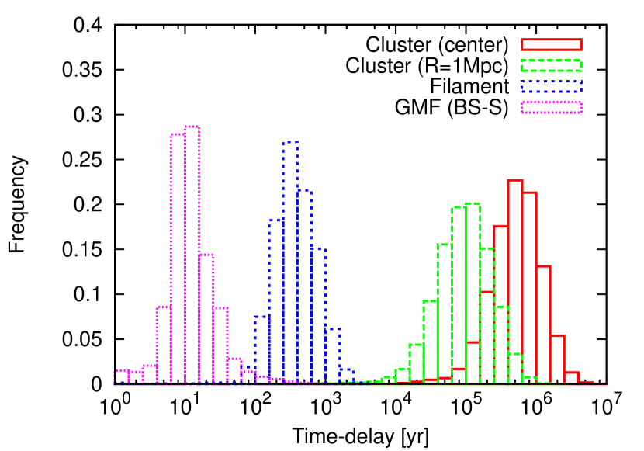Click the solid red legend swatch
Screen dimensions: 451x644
click(x=551, y=45)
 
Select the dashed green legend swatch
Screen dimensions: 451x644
click(x=551, y=65)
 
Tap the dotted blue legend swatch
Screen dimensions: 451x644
click(x=551, y=86)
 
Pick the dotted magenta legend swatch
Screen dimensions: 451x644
click(x=551, y=107)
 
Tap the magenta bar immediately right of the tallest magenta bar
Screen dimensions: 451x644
click(x=206, y=318)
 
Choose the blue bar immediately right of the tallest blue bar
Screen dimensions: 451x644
click(x=304, y=286)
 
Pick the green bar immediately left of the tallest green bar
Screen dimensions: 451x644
click(x=459, y=295)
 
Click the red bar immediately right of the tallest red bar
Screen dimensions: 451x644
click(x=529, y=287)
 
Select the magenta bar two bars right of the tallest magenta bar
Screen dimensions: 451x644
click(x=220, y=345)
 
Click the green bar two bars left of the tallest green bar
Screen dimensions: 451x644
click(x=445, y=314)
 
